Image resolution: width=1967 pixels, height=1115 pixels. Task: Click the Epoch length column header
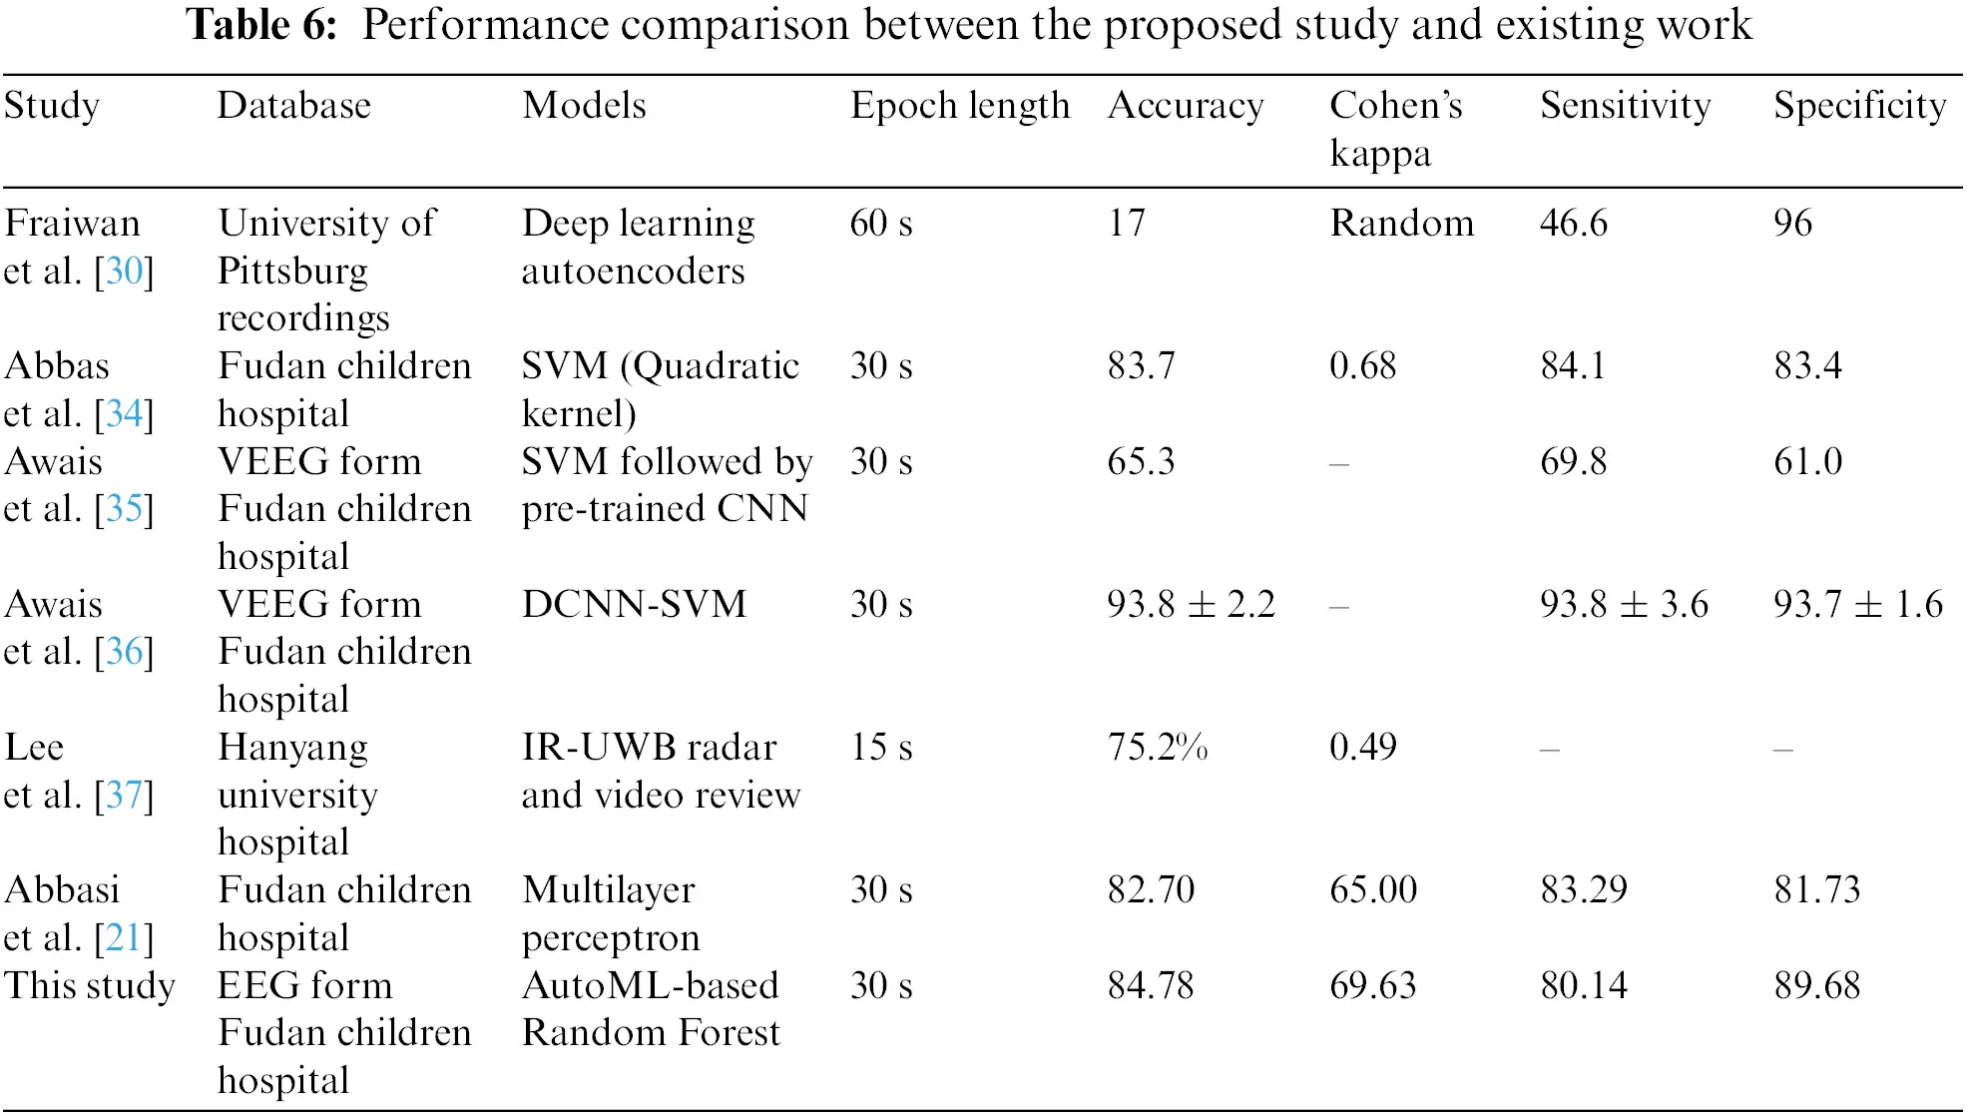(x=959, y=106)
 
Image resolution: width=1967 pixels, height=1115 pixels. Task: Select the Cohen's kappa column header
(x=1395, y=129)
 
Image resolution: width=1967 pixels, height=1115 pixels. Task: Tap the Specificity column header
(x=1859, y=106)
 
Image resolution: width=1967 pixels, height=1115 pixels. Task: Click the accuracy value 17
(x=1126, y=223)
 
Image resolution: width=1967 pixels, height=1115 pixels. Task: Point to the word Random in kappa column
(x=1401, y=223)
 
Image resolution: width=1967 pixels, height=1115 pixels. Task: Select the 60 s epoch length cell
(x=880, y=223)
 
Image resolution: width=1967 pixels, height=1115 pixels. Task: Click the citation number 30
(x=125, y=271)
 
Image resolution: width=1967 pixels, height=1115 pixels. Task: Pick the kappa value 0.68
(x=1362, y=365)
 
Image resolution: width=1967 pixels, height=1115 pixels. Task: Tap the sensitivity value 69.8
(x=1573, y=461)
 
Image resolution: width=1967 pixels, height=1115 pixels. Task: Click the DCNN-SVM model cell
(x=634, y=604)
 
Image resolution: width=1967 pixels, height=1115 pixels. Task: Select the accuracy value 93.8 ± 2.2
(x=1191, y=604)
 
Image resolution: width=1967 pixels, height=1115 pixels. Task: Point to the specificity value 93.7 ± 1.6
(x=1857, y=604)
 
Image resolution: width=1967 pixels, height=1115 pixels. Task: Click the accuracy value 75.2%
(x=1157, y=747)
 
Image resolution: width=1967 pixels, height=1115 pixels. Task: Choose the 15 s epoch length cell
(x=880, y=747)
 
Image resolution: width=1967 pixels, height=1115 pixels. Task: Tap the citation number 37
(x=125, y=795)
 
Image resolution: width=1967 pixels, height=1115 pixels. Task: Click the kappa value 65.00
(x=1372, y=889)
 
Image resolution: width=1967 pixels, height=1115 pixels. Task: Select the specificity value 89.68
(x=1816, y=985)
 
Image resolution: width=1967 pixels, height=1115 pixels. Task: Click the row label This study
(x=89, y=985)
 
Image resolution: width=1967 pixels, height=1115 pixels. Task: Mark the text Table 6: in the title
(x=261, y=25)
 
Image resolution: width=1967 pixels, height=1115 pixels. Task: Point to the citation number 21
(x=125, y=937)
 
